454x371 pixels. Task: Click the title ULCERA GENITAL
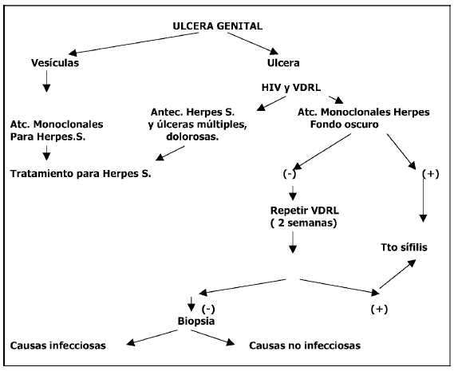tap(218, 26)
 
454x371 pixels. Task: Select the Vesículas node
tap(55, 63)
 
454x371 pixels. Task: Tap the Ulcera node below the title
tap(283, 63)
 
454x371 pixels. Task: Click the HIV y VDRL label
tap(291, 88)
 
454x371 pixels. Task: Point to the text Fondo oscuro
tap(344, 124)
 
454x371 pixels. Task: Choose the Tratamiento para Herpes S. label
tap(81, 173)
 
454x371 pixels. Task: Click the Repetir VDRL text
tap(304, 211)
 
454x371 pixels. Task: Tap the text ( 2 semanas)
tap(304, 223)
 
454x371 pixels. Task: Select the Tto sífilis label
tap(404, 247)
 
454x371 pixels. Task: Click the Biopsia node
tap(196, 321)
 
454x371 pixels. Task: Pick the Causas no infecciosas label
tap(305, 345)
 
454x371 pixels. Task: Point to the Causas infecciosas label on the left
tap(58, 345)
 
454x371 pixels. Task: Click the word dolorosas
tap(192, 136)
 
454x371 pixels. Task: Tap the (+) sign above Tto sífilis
tap(431, 174)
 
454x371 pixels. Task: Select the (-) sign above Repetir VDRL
tap(290, 174)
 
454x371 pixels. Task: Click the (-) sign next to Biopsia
tap(208, 310)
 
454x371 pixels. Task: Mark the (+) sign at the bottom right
tap(379, 310)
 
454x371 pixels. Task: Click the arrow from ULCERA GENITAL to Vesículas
tap(133, 43)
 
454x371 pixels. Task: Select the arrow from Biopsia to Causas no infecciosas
tap(213, 337)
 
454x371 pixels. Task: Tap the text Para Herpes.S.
tap(48, 136)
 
